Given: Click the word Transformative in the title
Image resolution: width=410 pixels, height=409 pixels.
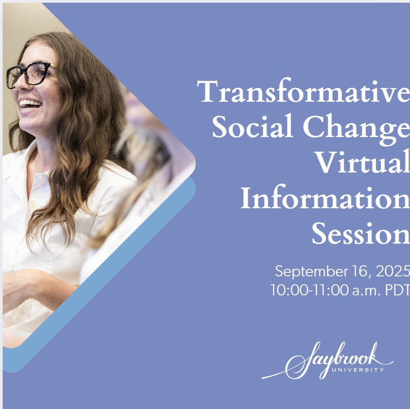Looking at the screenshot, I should coord(304,92).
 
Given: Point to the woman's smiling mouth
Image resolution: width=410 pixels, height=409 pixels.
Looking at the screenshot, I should coord(30,105).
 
